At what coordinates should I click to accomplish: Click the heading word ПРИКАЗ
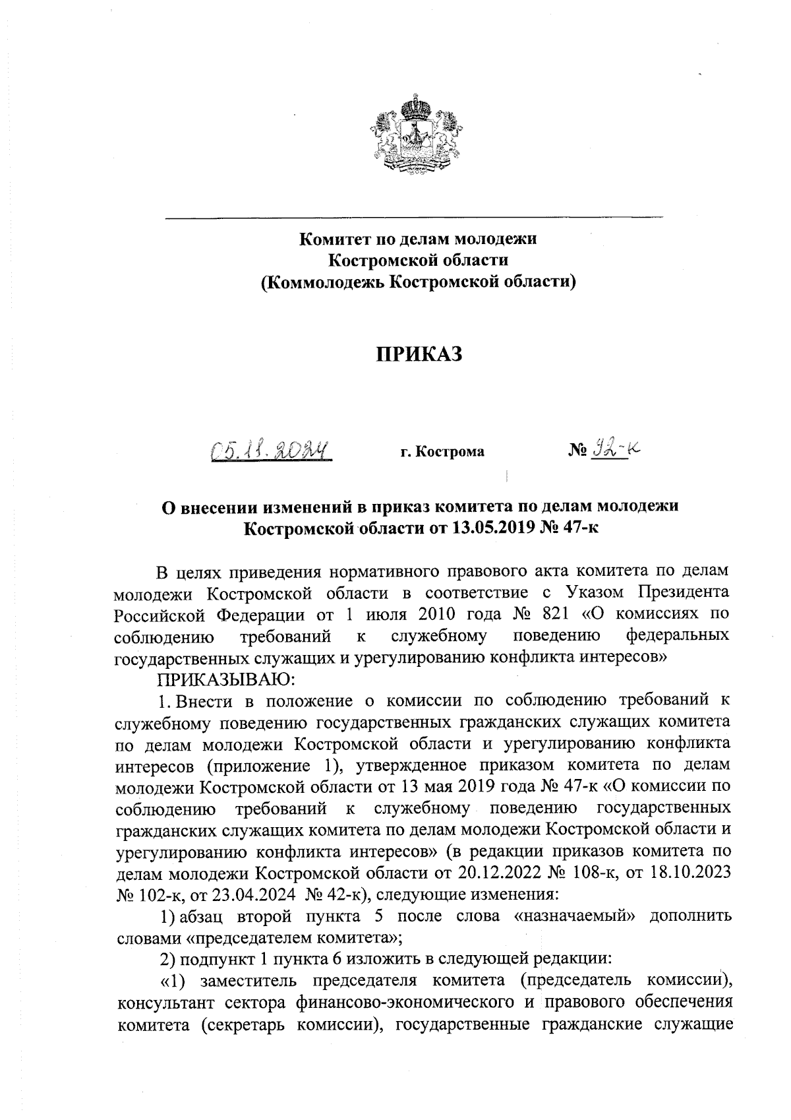tap(419, 354)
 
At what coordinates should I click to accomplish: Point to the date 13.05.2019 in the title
tap(493, 528)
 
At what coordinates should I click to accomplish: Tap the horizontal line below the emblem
tap(413, 216)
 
